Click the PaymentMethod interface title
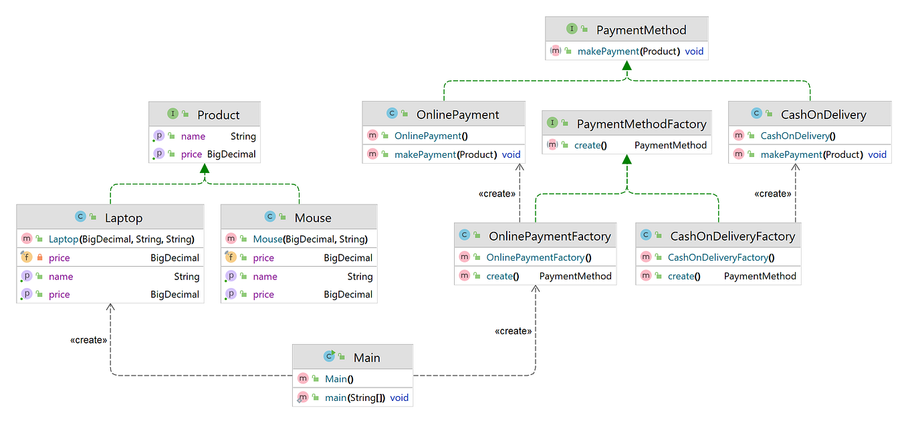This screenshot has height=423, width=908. (x=641, y=30)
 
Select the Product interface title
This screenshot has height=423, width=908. (x=218, y=115)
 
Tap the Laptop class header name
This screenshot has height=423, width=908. (x=124, y=218)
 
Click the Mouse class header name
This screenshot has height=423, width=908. (x=313, y=218)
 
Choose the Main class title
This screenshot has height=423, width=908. (x=366, y=358)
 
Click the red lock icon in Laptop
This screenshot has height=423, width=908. (x=39, y=258)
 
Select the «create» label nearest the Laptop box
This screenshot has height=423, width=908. (x=88, y=340)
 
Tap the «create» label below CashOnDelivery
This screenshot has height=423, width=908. (x=772, y=194)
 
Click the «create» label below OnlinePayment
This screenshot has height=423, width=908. (x=497, y=194)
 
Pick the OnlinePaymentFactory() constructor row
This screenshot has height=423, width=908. (x=539, y=257)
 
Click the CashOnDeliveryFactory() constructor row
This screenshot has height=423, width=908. (x=721, y=257)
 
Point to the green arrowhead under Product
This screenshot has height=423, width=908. (x=205, y=170)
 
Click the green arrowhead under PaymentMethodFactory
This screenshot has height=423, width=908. (x=627, y=160)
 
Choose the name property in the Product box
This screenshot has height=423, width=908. (x=193, y=136)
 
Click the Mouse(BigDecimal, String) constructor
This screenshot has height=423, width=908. (x=310, y=239)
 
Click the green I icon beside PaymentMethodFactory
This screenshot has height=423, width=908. (x=553, y=123)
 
